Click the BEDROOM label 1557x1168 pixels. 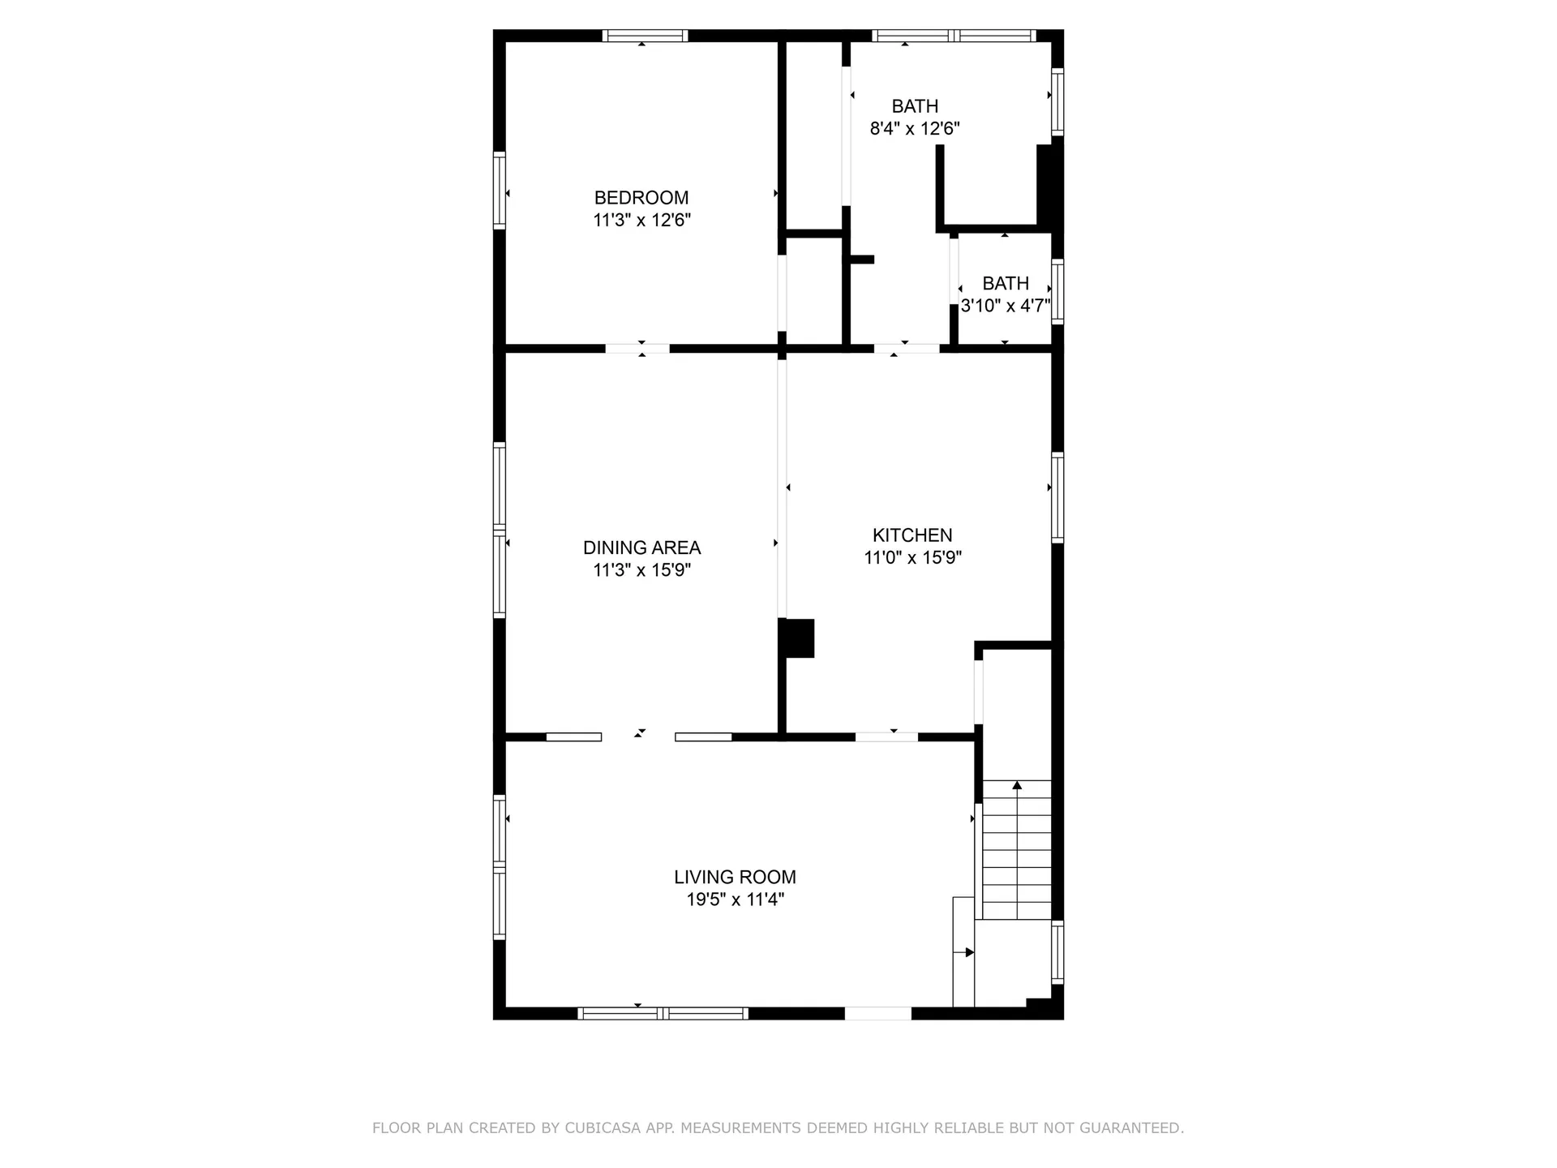pos(641,197)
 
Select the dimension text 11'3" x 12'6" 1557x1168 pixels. pos(641,220)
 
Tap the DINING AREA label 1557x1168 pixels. pos(641,547)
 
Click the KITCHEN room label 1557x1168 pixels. pos(911,535)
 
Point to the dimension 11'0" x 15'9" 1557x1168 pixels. pos(911,558)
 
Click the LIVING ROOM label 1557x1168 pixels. pos(734,877)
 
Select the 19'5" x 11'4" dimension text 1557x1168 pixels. pos(734,900)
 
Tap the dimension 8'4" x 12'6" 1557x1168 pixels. pos(914,128)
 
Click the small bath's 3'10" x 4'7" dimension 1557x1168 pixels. pos(1005,306)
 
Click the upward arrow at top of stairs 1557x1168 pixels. pos(1017,784)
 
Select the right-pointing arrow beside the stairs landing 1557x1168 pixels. pos(968,952)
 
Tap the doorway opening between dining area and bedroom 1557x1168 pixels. pos(637,349)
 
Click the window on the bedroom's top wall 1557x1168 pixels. pos(645,36)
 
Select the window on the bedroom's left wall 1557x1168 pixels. pos(500,191)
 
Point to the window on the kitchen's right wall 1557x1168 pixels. pos(1057,496)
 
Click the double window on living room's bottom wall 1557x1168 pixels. pos(663,1013)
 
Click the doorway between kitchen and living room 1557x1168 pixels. pos(886,737)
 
